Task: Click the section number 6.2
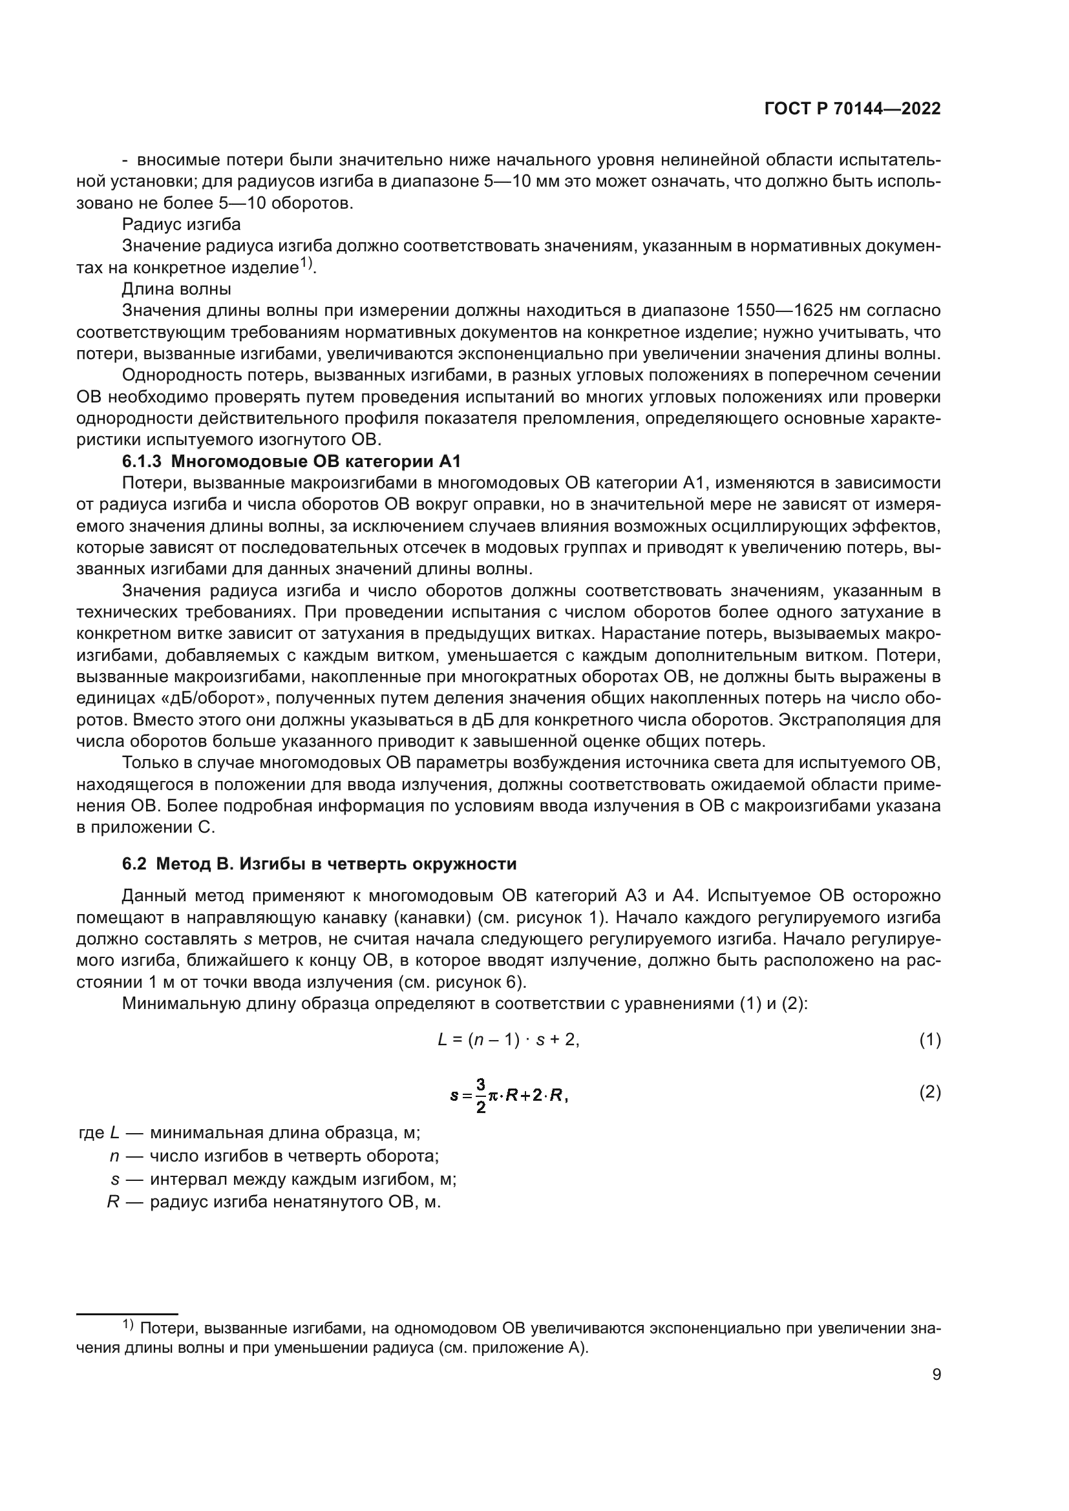[x=135, y=864]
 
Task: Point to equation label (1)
[x=929, y=1041]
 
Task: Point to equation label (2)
[x=929, y=1093]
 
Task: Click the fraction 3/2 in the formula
[x=480, y=1096]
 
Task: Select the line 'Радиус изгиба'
[x=181, y=224]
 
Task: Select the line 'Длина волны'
[x=176, y=289]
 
